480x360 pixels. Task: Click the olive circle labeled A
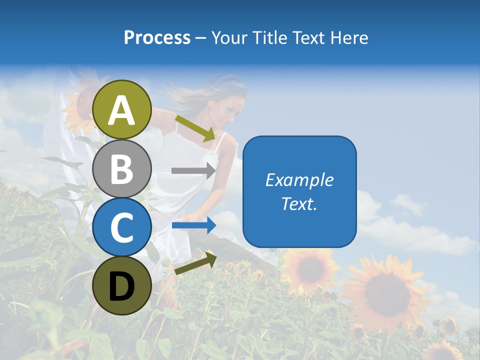121,109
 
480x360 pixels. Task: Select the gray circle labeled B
121,168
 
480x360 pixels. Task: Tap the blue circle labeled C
121,227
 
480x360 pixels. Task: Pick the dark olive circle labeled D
121,285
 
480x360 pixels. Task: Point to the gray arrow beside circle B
193,170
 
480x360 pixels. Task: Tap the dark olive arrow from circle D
195,263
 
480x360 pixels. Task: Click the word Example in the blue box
299,180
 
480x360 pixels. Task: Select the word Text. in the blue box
299,203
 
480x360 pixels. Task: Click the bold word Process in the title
157,37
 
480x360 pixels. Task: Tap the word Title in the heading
270,37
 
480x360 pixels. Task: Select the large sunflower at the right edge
385,292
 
